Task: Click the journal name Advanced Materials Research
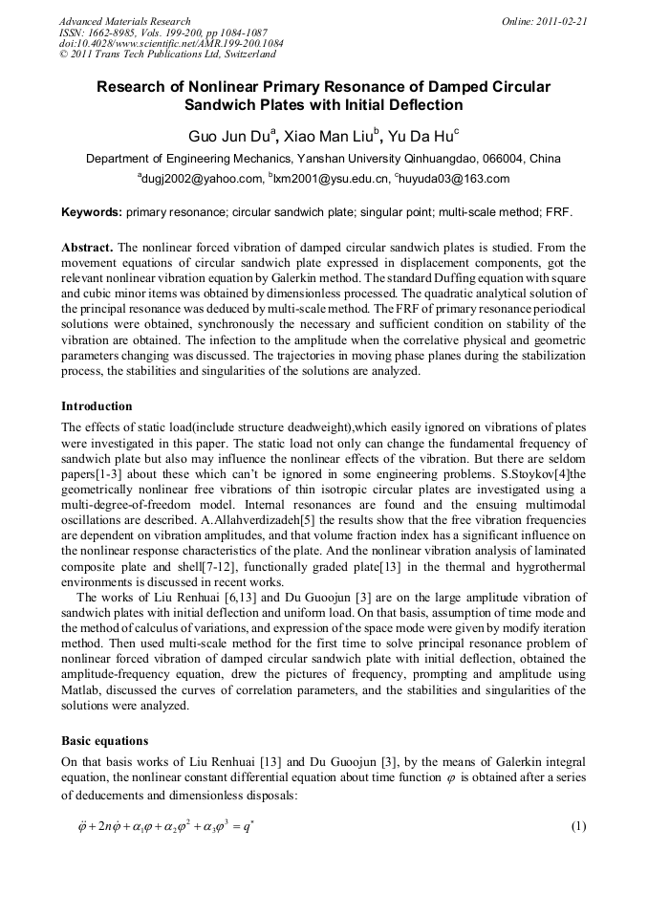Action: point(125,21)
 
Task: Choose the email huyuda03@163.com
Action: point(455,179)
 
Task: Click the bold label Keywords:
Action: point(92,211)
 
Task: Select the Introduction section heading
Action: point(97,406)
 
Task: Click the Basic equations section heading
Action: point(105,740)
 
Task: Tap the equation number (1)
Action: point(577,826)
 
